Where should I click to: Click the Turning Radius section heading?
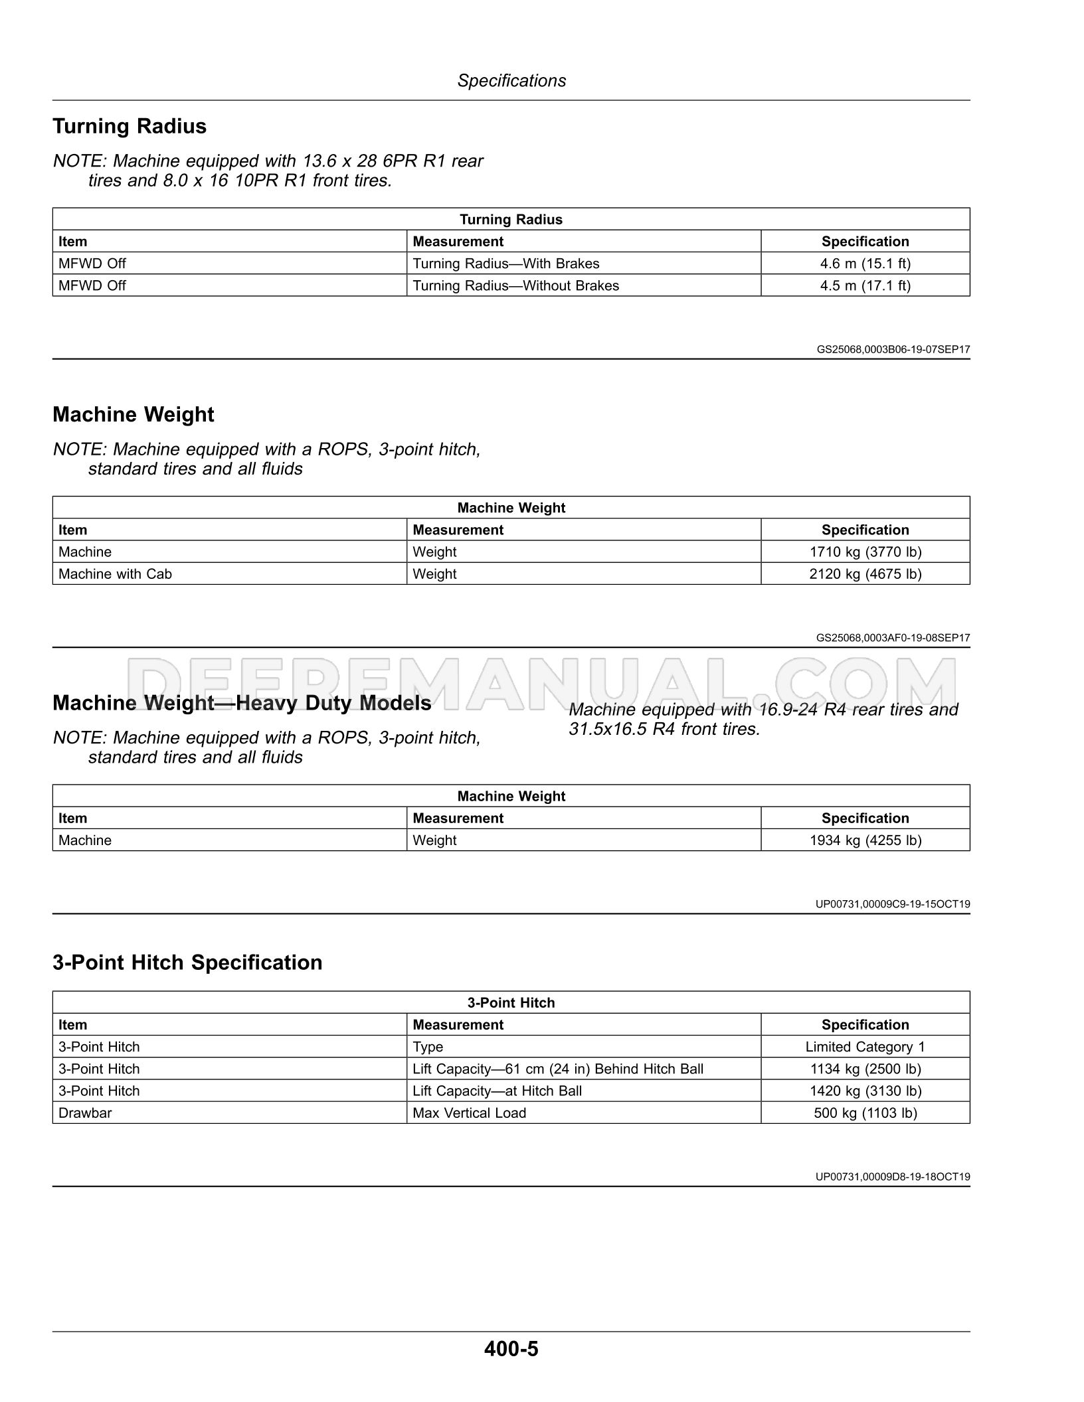130,126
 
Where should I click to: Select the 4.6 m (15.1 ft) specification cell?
865,264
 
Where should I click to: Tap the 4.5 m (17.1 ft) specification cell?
865,285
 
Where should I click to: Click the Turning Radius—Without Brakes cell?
515,285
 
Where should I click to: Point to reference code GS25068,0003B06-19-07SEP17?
893,349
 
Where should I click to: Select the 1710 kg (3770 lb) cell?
865,552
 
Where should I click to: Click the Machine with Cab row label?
115,574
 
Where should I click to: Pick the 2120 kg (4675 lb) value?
865,574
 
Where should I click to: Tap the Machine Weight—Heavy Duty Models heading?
242,703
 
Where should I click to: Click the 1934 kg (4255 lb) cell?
865,840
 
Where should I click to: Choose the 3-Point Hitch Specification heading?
187,963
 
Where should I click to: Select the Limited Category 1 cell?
865,1047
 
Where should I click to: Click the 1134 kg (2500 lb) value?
865,1069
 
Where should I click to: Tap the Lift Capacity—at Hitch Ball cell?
497,1091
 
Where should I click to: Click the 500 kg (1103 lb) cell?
865,1113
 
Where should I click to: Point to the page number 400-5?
511,1349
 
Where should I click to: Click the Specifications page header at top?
511,81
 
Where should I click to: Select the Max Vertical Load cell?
469,1113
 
